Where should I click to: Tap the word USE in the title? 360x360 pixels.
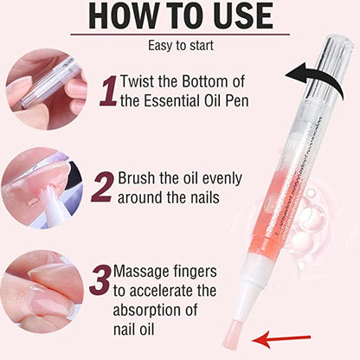pos(243,17)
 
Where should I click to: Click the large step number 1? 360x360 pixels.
pos(107,91)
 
